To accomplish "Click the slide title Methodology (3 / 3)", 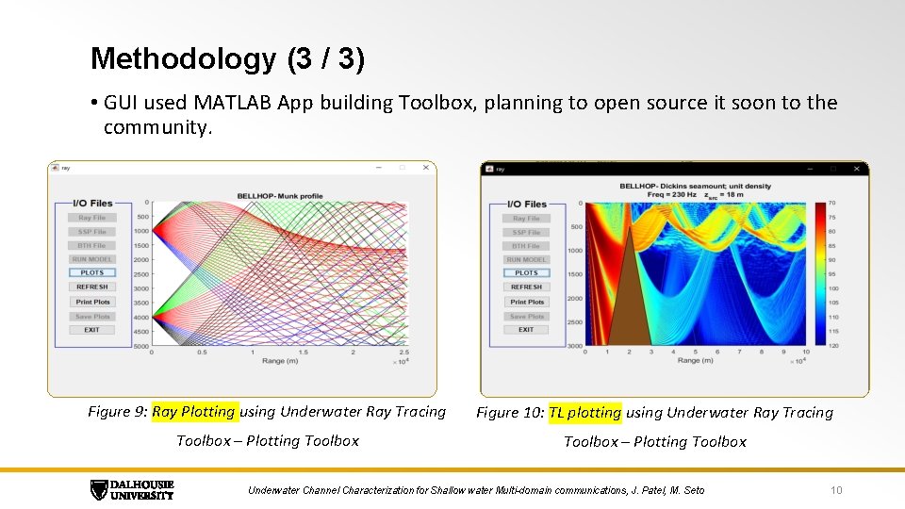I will (227, 58).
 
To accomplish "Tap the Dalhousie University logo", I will (132, 489).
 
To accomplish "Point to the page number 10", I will (835, 490).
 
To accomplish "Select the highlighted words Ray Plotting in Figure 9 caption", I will (193, 411).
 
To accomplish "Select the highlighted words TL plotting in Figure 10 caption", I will (584, 412).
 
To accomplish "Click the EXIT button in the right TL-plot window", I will (526, 330).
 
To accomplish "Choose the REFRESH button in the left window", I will (92, 287).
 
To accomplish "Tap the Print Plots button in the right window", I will (526, 302).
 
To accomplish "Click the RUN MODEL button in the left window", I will (92, 259).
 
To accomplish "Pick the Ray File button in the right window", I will (526, 218).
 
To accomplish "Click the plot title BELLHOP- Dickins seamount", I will (696, 186).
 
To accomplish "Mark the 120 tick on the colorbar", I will (832, 346).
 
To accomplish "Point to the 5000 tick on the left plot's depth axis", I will (140, 347).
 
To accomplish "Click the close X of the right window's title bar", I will (856, 169).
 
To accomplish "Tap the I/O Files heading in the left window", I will (92, 203).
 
